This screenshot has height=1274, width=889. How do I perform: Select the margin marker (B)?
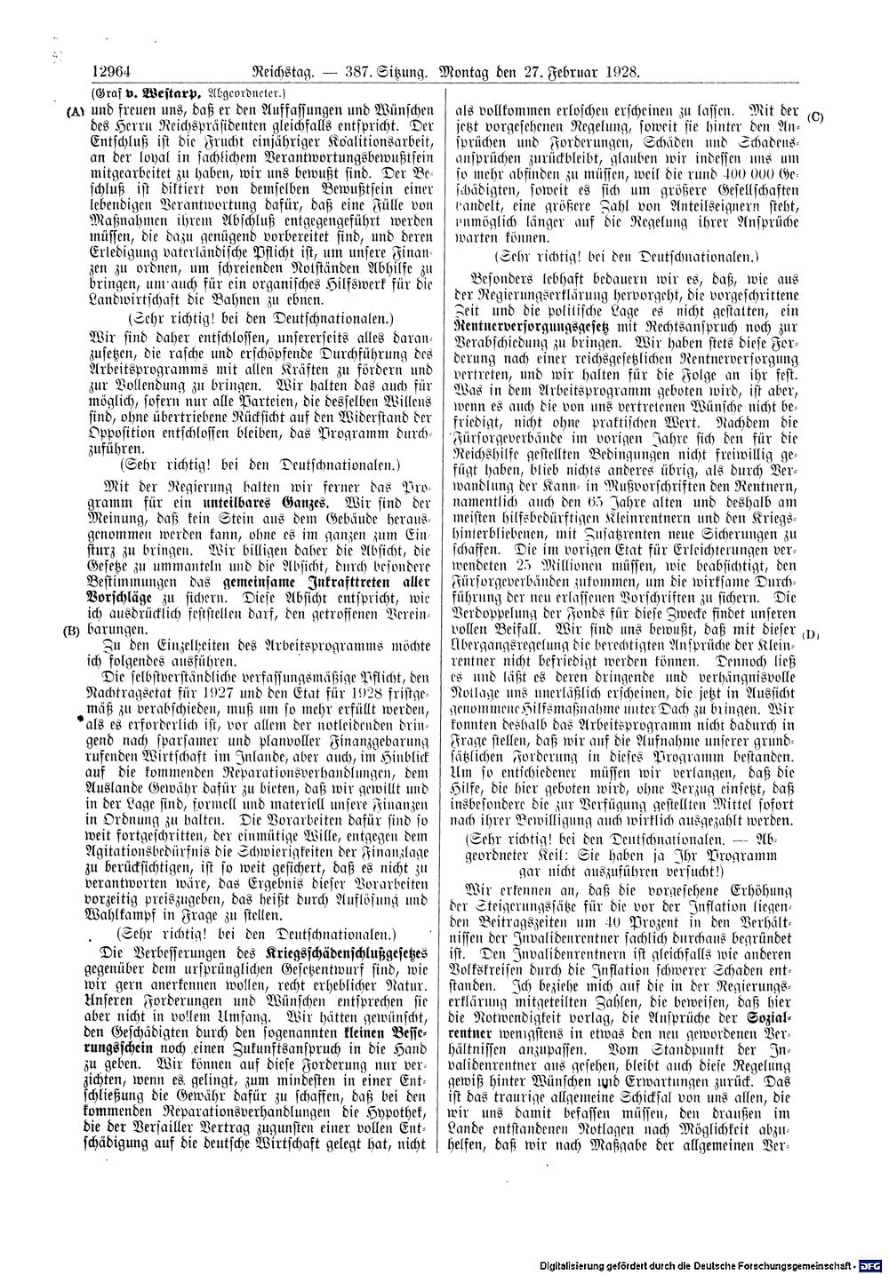point(73,630)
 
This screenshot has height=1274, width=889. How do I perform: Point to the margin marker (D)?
point(811,633)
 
